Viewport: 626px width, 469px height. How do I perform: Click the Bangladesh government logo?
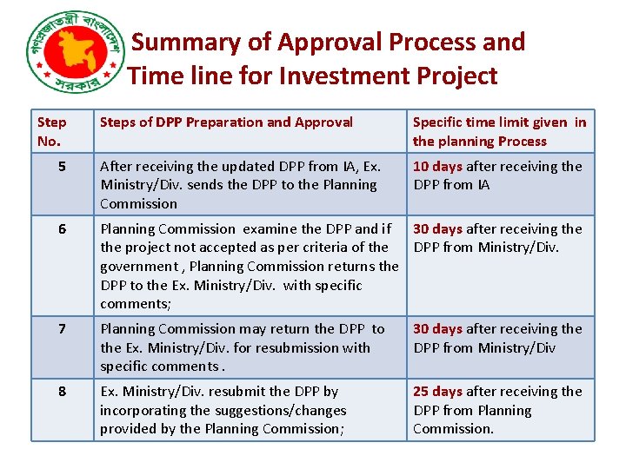click(74, 56)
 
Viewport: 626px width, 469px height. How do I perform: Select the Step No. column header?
click(52, 131)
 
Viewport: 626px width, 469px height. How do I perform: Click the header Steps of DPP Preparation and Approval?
click(226, 122)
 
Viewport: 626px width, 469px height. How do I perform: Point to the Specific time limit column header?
click(499, 131)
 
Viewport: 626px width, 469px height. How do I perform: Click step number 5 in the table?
click(62, 166)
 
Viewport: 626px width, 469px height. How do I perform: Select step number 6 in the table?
click(62, 229)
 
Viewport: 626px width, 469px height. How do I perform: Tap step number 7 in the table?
click(62, 329)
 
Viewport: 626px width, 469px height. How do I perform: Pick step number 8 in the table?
click(62, 392)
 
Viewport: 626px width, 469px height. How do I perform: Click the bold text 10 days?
click(437, 166)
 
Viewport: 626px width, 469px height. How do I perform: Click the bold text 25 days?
click(437, 392)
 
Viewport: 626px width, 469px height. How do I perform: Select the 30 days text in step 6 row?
click(437, 229)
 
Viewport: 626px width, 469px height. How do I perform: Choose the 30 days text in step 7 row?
click(437, 329)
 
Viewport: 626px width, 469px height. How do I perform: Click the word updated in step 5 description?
click(253, 166)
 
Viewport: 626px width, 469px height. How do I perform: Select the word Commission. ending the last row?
click(453, 429)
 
